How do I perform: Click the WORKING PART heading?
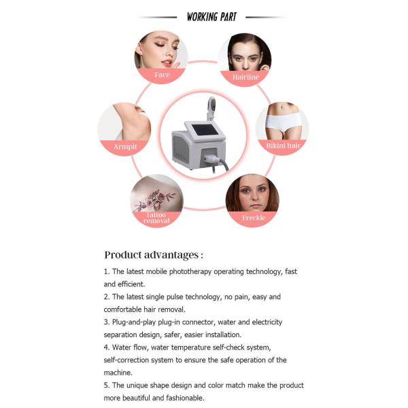(x=211, y=16)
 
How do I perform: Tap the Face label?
(x=162, y=75)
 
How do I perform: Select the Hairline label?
(x=245, y=78)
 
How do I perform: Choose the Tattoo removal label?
(x=156, y=218)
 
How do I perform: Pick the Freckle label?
(x=252, y=218)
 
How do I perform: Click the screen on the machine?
(x=203, y=128)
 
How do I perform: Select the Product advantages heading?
(x=153, y=255)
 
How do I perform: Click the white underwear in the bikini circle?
(x=282, y=123)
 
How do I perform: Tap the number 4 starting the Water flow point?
(x=105, y=347)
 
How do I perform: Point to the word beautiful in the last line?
(x=139, y=398)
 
